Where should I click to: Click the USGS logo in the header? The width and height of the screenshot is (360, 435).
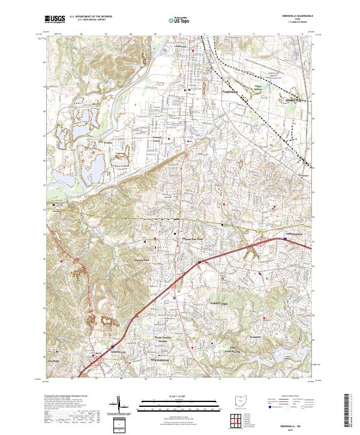click(x=55, y=19)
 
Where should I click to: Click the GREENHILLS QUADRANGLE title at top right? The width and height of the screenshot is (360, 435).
click(x=295, y=17)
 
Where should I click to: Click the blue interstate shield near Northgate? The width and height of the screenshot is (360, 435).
click(x=112, y=346)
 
